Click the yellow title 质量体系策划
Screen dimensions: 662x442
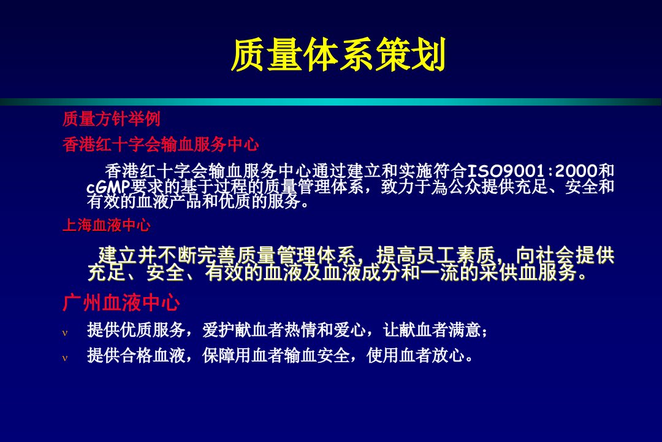[338, 55]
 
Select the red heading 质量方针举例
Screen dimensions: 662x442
[112, 119]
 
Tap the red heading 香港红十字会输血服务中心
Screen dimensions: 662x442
[161, 145]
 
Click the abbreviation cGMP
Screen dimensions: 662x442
[108, 187]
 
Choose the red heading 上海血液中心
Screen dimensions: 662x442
[107, 225]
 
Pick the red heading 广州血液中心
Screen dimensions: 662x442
[121, 303]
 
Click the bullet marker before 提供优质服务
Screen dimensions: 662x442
[65, 333]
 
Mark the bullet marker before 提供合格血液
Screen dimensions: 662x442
[65, 359]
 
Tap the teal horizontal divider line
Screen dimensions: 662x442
[331, 102]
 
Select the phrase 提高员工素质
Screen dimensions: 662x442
[436, 255]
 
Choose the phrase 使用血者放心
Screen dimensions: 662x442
[416, 355]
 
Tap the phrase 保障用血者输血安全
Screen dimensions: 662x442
[276, 355]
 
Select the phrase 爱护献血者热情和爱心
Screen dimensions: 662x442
[284, 330]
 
